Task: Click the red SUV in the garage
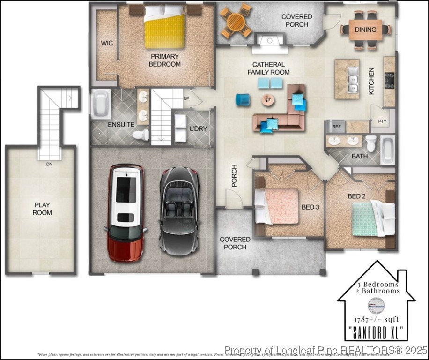(126, 212)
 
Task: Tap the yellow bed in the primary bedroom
(164, 28)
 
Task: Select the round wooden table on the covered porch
(237, 21)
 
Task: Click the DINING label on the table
(365, 30)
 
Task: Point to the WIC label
(107, 43)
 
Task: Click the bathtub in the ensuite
(101, 105)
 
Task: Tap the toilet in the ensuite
(141, 135)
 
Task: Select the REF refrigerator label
(336, 127)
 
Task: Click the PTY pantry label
(382, 121)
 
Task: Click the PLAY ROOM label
(42, 209)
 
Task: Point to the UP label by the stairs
(186, 98)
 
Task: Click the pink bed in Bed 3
(280, 206)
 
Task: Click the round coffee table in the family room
(268, 99)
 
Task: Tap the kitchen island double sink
(353, 79)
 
